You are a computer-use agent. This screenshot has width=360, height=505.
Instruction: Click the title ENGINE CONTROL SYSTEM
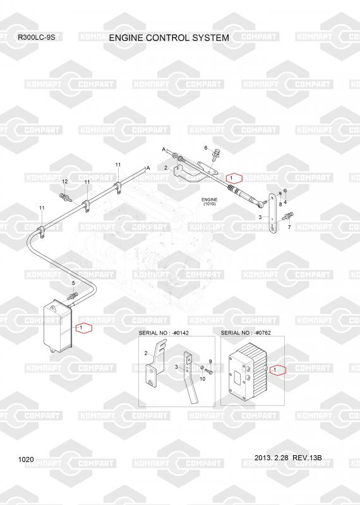(169, 38)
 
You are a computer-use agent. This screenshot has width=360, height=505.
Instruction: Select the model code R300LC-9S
(37, 37)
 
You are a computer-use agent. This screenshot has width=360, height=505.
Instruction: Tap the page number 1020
(26, 460)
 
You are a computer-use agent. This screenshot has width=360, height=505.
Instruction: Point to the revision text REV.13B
(307, 458)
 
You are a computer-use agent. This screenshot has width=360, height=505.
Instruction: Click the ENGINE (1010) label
(210, 201)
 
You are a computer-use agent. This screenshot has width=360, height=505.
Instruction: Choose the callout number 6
(206, 148)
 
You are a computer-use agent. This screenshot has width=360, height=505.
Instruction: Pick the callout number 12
(65, 182)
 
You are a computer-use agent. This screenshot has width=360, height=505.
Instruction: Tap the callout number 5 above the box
(73, 283)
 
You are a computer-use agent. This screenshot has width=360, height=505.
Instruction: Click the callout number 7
(289, 227)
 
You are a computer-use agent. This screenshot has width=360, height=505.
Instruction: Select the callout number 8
(280, 204)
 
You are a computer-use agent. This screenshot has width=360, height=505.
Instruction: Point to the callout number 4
(285, 202)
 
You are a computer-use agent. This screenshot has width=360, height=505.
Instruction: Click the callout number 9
(210, 361)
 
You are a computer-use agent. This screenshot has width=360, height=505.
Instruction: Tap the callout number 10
(202, 379)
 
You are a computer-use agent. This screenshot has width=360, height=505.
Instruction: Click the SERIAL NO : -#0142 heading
(164, 333)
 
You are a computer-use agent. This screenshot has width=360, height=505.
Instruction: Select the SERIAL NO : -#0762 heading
(246, 333)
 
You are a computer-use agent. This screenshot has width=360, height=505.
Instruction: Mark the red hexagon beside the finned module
(278, 370)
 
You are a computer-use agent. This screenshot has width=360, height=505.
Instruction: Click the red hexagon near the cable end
(234, 178)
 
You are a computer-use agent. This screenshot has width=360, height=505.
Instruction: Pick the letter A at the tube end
(148, 168)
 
